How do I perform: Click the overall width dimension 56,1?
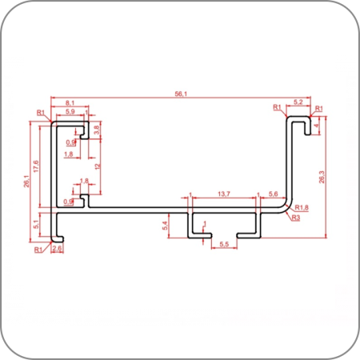(x=181, y=94)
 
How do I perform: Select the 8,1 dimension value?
(x=70, y=102)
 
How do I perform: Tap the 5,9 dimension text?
(x=70, y=111)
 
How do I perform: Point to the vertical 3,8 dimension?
(x=97, y=130)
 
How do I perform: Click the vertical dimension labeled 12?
(x=98, y=166)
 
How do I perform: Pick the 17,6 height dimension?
(x=36, y=166)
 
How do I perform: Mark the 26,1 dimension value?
(x=26, y=181)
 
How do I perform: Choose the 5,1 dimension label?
(x=36, y=224)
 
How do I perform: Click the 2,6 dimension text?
(x=57, y=249)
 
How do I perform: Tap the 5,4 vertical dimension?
(x=166, y=226)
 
